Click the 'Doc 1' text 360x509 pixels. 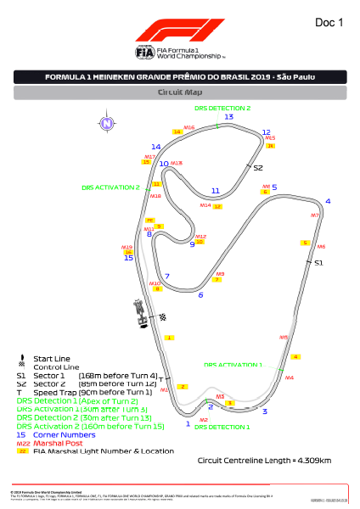pos(329,23)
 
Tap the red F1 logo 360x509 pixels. pos(179,31)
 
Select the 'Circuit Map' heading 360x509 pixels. pos(179,92)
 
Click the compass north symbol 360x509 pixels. pos(106,123)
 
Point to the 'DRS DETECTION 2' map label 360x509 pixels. pos(222,109)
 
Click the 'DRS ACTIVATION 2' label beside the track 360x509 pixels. pos(110,187)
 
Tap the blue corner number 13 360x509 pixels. pos(228,117)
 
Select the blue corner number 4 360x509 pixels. pos(328,201)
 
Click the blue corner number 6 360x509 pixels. pos(200,295)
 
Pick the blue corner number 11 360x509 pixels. pos(216,191)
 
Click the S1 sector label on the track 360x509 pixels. pos(319,264)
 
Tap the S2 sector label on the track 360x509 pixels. pos(258,168)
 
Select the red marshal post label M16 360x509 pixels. pos(189,127)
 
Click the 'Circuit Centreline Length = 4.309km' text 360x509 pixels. pos(264,461)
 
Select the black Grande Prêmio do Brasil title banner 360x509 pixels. pos(179,76)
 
